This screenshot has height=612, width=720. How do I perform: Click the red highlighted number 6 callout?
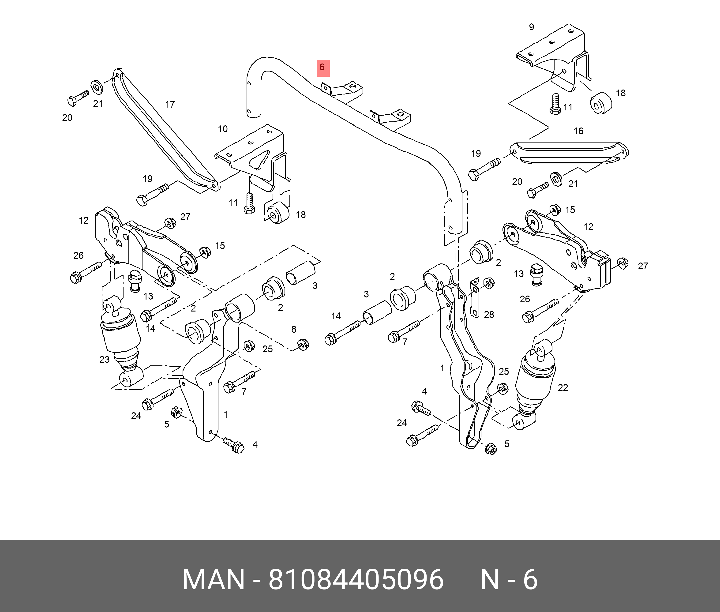coord(322,68)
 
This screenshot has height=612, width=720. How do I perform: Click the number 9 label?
coord(531,27)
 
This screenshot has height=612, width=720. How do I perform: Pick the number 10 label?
coord(223,129)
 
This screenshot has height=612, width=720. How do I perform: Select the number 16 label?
coord(578,131)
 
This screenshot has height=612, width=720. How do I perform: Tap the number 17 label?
coord(170,105)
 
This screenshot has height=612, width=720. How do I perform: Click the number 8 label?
coord(294,329)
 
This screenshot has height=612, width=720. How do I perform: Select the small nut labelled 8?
coord(303,345)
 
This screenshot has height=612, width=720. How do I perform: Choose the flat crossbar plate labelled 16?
coord(569,153)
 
